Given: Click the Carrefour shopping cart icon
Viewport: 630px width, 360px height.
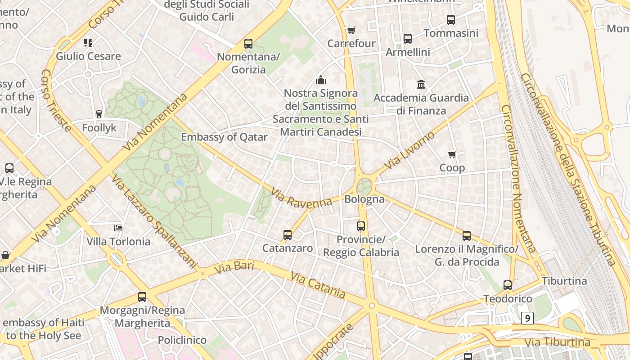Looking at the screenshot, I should (351, 30).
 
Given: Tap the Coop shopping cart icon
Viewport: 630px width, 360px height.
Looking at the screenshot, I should (452, 154).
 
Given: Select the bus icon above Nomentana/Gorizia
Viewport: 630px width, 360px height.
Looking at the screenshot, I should (248, 44).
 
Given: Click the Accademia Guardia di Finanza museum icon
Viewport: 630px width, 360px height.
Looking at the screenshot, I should (421, 84).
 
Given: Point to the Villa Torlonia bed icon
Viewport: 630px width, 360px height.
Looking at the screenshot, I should (118, 228).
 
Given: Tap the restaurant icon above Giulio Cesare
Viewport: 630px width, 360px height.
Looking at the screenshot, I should (88, 43).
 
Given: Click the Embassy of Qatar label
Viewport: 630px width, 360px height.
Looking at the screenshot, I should (224, 137).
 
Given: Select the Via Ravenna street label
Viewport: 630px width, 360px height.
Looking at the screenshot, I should (301, 198).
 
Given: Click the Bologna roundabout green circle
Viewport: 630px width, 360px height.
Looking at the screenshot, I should (364, 186).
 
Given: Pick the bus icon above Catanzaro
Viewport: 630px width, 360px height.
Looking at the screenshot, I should (288, 234).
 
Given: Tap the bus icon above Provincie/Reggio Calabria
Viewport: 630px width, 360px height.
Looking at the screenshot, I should (361, 226).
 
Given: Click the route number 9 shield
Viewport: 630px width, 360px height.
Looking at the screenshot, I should (527, 318).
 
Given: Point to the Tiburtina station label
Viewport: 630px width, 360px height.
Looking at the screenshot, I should (564, 281).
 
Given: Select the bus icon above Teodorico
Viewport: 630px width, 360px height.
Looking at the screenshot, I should (508, 285).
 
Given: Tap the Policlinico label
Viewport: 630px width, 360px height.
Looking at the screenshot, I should (182, 340).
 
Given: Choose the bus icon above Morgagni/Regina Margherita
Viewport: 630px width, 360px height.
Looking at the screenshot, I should (142, 297).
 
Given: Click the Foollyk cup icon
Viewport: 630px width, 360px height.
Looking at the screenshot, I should (99, 114).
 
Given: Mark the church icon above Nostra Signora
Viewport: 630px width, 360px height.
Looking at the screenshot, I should (321, 80).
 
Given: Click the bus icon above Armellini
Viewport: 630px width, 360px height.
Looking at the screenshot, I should (408, 39).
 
